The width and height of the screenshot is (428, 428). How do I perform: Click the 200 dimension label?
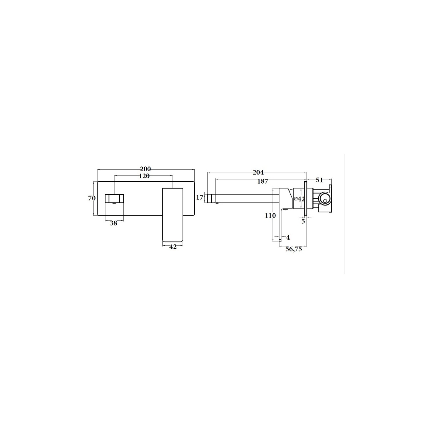[146, 169]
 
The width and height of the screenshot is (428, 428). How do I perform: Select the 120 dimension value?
[144, 176]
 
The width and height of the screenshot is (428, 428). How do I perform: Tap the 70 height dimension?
[92, 198]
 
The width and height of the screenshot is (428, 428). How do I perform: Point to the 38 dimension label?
[113, 223]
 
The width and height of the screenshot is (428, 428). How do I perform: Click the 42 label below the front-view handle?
[173, 246]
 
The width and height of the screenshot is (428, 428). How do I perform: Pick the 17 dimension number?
[200, 197]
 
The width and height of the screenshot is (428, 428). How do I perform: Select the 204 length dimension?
[258, 172]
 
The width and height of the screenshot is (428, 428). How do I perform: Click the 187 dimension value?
[263, 182]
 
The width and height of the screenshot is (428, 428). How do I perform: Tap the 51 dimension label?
[319, 180]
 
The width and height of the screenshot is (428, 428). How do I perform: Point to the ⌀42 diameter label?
[299, 199]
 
